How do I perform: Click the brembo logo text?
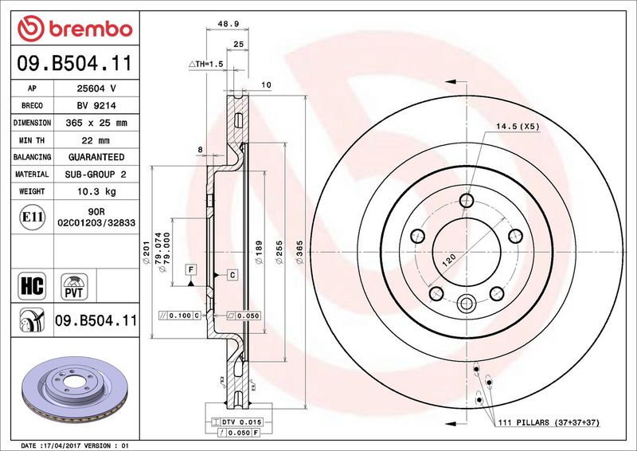click(91, 29)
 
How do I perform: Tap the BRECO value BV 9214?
click(96, 106)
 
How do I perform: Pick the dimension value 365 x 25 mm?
click(96, 123)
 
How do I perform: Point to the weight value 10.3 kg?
click(96, 191)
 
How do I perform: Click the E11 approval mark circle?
click(32, 217)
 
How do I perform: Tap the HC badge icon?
click(32, 285)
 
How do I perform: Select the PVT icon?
click(74, 287)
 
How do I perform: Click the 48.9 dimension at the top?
click(228, 24)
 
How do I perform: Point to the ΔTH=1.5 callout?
click(206, 64)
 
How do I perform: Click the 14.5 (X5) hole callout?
click(517, 127)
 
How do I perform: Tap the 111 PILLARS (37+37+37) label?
click(549, 422)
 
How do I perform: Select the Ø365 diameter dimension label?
click(300, 252)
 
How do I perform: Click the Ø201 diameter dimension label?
click(147, 252)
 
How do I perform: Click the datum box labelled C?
click(233, 276)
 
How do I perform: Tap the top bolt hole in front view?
click(467, 200)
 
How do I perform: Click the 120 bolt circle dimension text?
click(448, 260)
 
